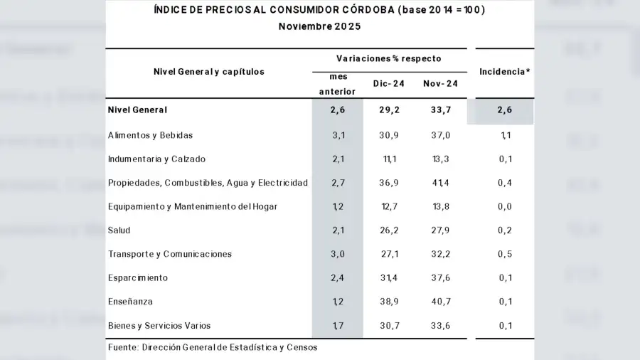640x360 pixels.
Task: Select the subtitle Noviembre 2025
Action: (x=319, y=26)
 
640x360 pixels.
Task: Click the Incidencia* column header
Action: (x=504, y=72)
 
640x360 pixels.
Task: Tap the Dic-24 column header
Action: (x=389, y=84)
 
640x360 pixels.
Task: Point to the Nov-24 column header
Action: (x=440, y=84)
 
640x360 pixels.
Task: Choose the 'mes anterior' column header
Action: (x=337, y=84)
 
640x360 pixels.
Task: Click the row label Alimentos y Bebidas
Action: (x=150, y=135)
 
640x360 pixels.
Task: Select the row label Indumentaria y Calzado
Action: (x=156, y=159)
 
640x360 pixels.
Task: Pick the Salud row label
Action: (x=119, y=231)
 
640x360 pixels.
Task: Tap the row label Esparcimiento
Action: (x=138, y=278)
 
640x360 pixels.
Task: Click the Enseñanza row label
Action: (x=130, y=302)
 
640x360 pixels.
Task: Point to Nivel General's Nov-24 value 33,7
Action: (x=440, y=110)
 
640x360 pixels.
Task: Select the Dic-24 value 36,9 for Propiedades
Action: (x=389, y=183)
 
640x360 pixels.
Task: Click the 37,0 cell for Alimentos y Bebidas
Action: (x=440, y=135)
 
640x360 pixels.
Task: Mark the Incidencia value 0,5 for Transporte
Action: (x=505, y=254)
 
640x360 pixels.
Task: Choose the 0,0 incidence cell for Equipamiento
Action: (x=505, y=206)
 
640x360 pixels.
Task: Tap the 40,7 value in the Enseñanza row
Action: (x=440, y=302)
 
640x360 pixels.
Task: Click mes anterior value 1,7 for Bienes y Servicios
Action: (x=338, y=326)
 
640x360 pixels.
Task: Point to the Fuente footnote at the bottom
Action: (x=213, y=347)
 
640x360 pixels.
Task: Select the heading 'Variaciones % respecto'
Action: (x=389, y=59)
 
